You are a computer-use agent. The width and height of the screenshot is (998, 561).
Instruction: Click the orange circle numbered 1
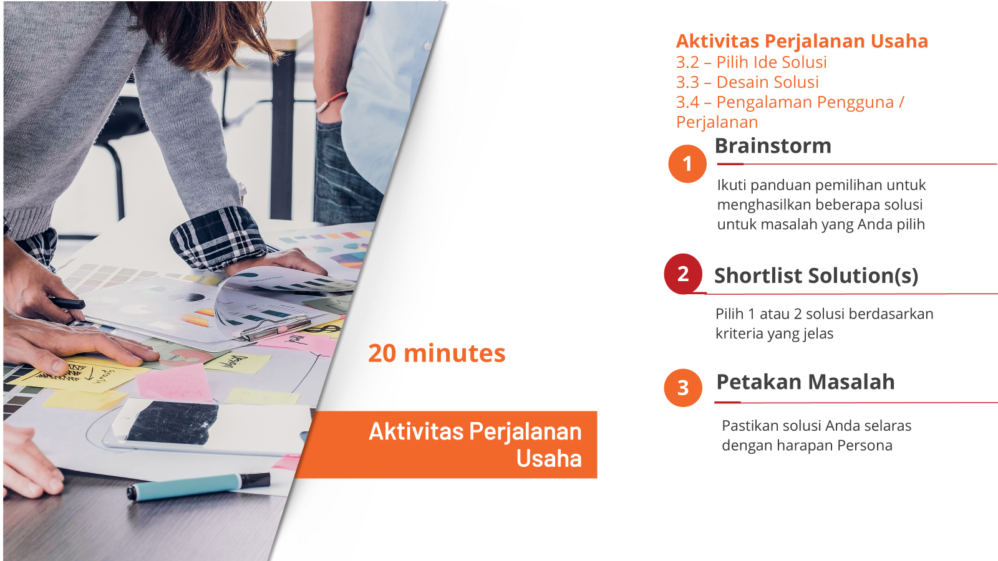pyautogui.click(x=687, y=164)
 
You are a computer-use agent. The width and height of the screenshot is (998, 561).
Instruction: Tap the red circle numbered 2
pyautogui.click(x=683, y=274)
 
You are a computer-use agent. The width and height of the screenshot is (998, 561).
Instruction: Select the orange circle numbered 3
pyautogui.click(x=683, y=388)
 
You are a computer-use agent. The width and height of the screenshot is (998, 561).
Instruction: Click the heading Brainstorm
pyautogui.click(x=773, y=146)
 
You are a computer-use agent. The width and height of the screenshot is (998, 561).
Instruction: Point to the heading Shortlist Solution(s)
pyautogui.click(x=816, y=276)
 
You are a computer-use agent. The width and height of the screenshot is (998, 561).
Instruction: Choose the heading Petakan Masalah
pyautogui.click(x=805, y=382)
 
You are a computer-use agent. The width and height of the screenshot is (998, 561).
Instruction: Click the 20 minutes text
pyautogui.click(x=437, y=353)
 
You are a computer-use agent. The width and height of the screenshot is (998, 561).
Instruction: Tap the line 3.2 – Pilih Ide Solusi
pyautogui.click(x=751, y=62)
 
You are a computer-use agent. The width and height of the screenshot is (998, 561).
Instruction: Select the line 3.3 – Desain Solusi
pyautogui.click(x=747, y=82)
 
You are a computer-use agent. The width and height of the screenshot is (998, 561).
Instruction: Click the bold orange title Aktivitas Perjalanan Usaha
pyautogui.click(x=802, y=41)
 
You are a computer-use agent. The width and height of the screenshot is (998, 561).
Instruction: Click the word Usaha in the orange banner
pyautogui.click(x=549, y=459)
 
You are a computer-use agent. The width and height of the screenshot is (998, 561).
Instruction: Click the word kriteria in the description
pyautogui.click(x=739, y=333)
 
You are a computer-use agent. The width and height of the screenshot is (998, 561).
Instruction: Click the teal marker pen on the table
pyautogui.click(x=199, y=487)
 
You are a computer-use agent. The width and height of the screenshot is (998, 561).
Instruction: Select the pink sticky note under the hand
pyautogui.click(x=174, y=382)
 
